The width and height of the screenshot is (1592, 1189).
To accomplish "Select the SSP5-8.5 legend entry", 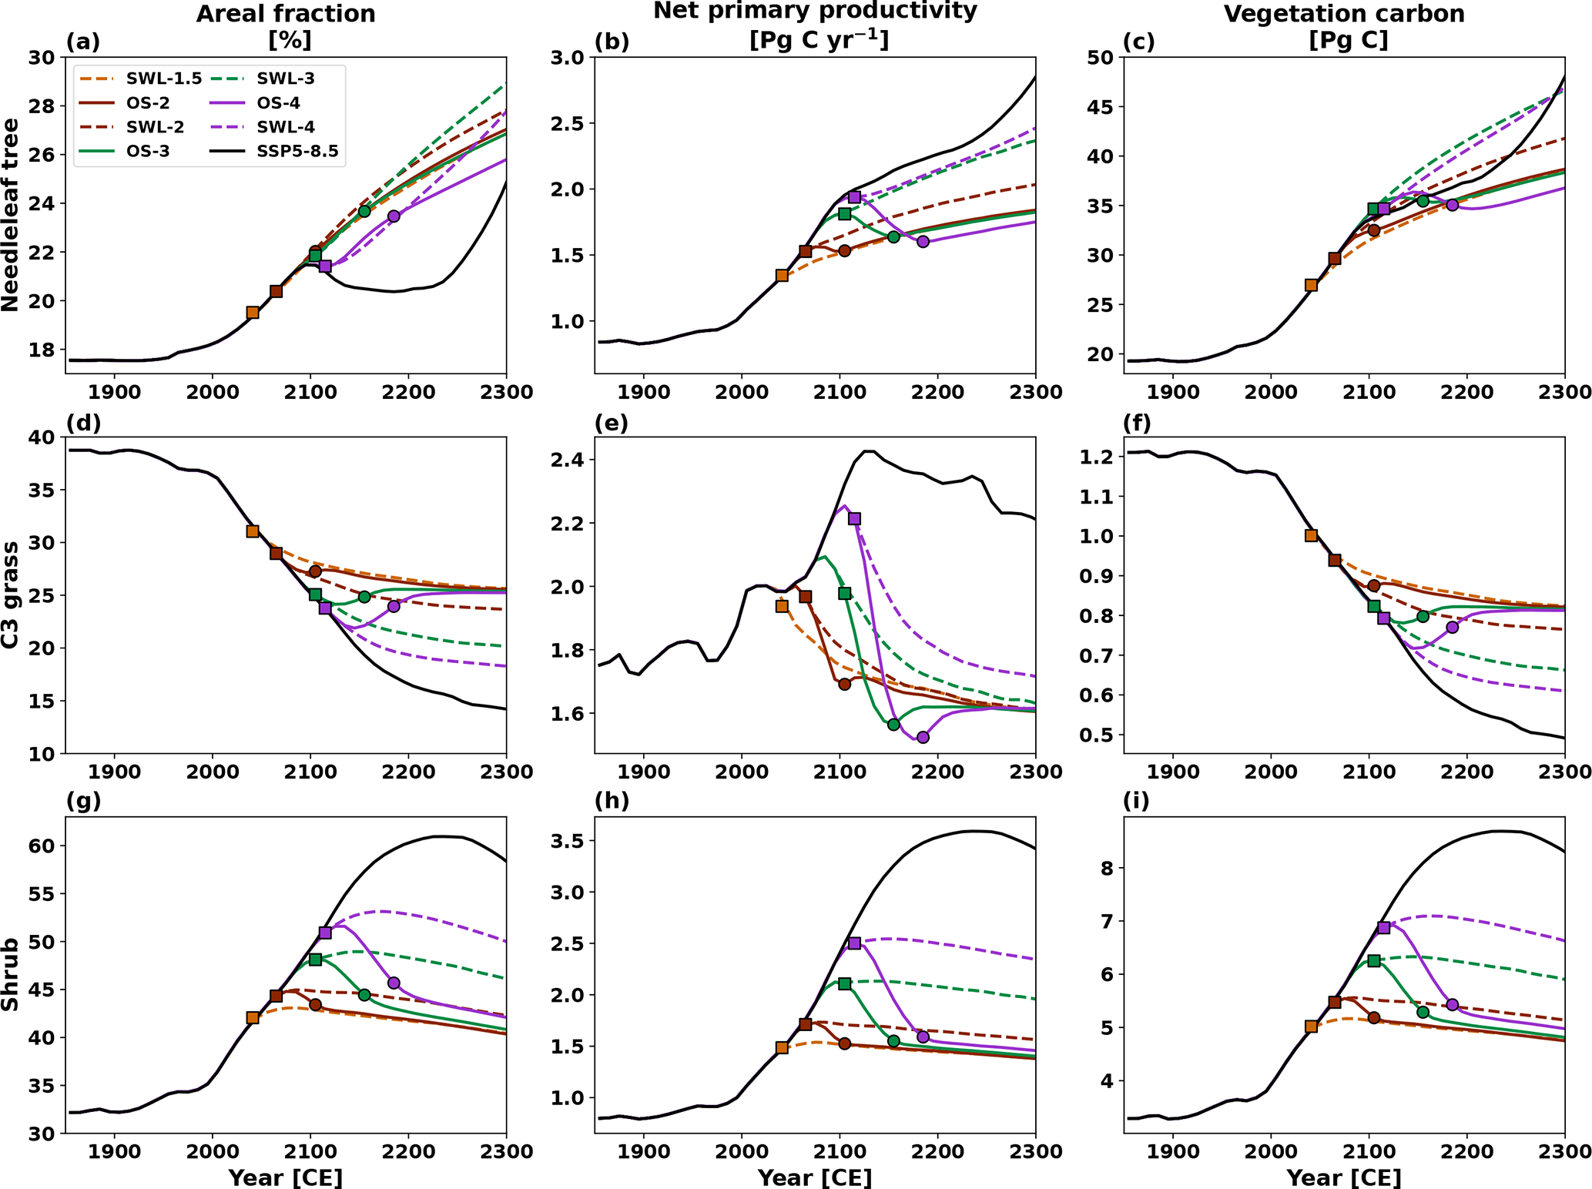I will [273, 152].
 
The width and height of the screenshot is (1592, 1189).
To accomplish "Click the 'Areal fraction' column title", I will [286, 14].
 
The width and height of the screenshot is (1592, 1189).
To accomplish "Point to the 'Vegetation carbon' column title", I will [1344, 14].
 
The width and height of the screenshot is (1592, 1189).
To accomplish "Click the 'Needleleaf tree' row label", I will [11, 215].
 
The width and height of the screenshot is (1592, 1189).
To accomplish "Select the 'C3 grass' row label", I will [11, 594].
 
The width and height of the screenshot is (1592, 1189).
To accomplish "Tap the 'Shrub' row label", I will [11, 974].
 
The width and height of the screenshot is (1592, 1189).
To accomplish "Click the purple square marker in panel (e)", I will [854, 519].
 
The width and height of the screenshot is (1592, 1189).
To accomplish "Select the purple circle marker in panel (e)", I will [923, 737].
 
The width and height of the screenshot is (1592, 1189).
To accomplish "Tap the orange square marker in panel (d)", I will [252, 531].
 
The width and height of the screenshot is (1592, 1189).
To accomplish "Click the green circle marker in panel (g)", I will [364, 995].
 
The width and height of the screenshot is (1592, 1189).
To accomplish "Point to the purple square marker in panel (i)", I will [1383, 928].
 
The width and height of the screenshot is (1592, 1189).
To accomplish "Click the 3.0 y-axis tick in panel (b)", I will [570, 58].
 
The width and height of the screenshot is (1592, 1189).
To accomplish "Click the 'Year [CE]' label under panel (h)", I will [815, 1177].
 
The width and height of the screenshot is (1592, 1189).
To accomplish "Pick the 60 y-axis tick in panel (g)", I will [43, 846].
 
